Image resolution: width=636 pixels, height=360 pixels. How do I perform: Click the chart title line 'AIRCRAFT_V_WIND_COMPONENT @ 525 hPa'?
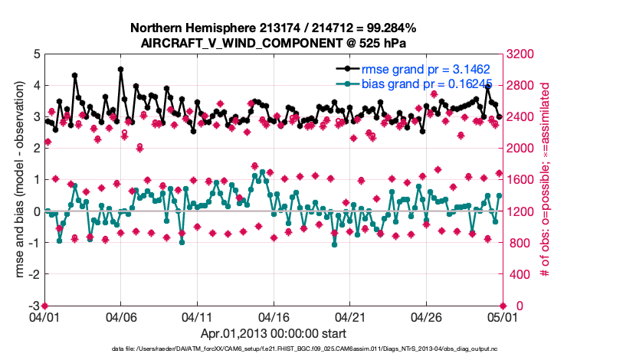(x=273, y=43)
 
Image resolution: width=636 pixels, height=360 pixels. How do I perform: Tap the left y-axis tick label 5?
(x=37, y=54)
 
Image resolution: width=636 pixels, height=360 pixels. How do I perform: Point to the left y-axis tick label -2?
(x=34, y=274)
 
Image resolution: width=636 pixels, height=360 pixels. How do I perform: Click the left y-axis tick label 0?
(x=37, y=211)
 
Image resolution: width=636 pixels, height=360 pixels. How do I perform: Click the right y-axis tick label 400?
(x=517, y=274)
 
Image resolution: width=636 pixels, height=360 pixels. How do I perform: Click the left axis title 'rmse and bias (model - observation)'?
(x=19, y=180)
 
